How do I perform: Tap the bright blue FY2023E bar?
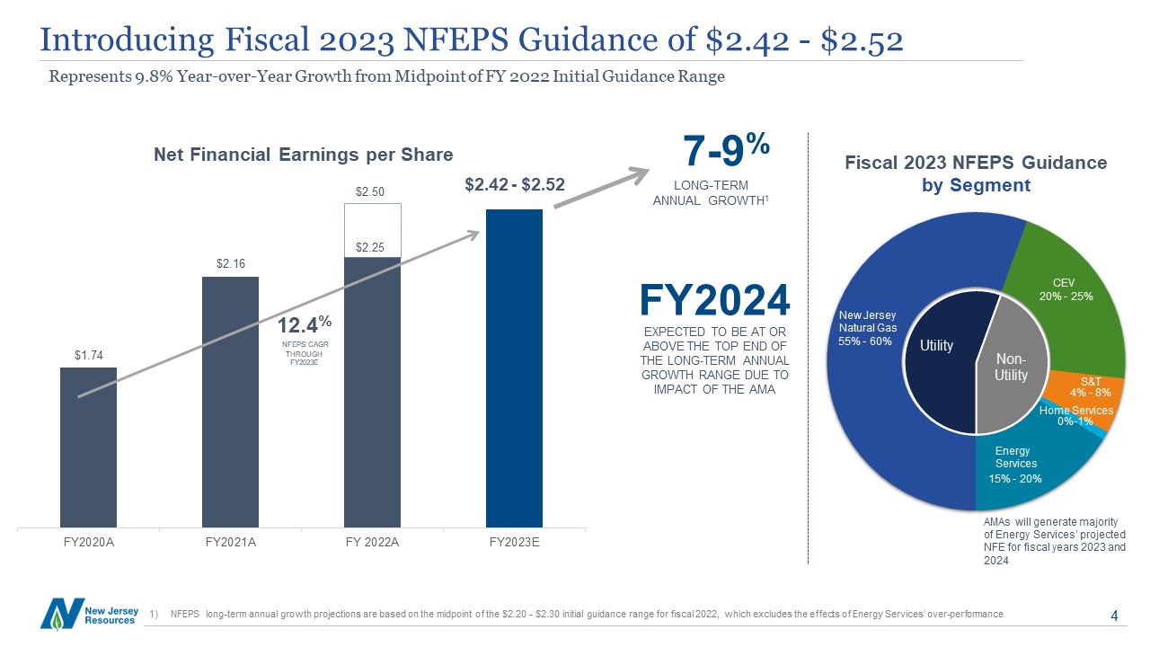click(x=514, y=368)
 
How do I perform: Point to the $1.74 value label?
click(x=88, y=356)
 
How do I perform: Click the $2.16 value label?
click(x=230, y=264)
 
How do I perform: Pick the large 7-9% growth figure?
click(x=725, y=153)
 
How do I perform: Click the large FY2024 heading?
click(x=714, y=301)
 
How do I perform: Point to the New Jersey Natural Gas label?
click(x=867, y=329)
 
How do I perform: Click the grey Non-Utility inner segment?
click(x=1011, y=364)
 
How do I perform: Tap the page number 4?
click(x=1114, y=616)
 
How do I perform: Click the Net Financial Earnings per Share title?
click(x=303, y=155)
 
